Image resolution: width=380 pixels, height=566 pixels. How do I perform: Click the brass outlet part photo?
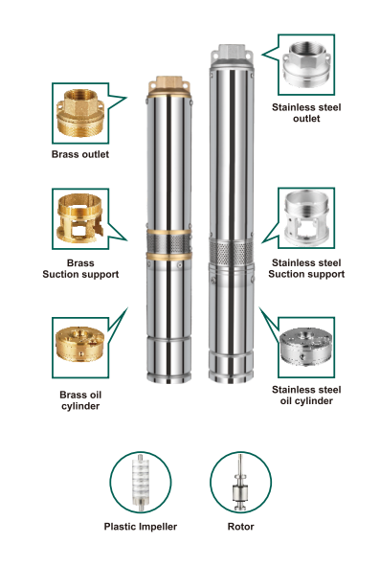coord(80,113)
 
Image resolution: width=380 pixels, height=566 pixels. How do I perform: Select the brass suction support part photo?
coord(80,218)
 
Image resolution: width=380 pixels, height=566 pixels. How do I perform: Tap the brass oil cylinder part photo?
coord(80,344)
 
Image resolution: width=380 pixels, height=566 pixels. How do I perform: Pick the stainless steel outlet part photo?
coord(306,64)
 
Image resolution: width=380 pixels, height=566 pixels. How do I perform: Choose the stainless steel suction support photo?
coord(306,218)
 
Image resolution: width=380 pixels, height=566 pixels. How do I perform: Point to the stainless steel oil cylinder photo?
coord(306,347)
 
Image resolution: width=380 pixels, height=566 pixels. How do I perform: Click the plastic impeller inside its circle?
coord(141,483)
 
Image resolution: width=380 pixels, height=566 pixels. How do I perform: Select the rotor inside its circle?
coord(240,483)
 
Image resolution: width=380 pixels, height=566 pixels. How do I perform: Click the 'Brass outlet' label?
coord(80,154)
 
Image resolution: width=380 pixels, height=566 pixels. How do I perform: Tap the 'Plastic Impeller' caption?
coord(141,527)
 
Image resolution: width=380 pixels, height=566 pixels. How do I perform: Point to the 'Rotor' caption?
coord(240,527)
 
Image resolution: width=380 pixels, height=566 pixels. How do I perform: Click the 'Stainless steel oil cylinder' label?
coord(306,396)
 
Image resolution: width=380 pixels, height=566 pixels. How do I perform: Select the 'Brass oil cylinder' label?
coord(80,400)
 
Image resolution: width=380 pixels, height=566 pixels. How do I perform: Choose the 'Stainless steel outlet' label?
coord(306,113)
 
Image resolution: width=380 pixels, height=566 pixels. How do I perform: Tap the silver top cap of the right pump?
coord(232,56)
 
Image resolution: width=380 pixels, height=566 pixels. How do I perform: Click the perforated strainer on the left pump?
coord(168,244)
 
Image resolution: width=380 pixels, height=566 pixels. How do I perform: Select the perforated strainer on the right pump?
coord(232,252)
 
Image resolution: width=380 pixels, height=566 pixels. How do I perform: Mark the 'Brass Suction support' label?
coord(80,268)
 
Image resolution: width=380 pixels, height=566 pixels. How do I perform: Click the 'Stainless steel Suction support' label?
coord(306,268)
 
